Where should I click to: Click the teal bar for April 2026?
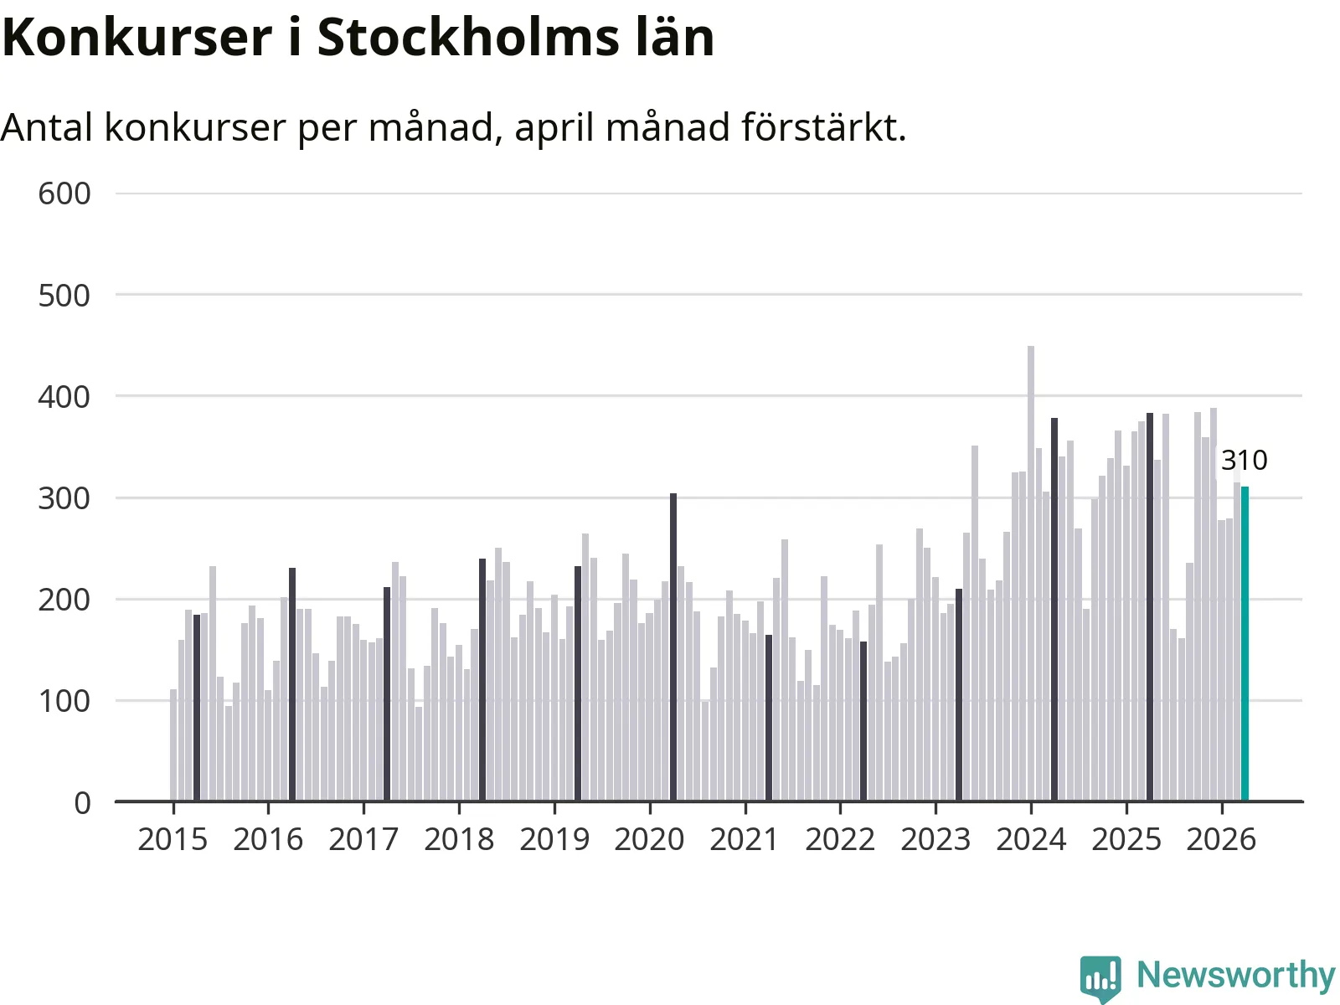(1245, 643)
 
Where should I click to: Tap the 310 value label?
(1244, 460)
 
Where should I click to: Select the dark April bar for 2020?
(673, 647)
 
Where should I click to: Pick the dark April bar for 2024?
(1054, 609)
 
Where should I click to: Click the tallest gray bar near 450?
(1031, 573)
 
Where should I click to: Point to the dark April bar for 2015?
(197, 707)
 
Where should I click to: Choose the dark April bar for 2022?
(863, 720)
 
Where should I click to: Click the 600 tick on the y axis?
(64, 194)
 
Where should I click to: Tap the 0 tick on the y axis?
(82, 803)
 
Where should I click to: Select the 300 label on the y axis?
(64, 498)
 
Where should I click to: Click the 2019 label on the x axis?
(554, 839)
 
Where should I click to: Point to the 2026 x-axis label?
(1221, 839)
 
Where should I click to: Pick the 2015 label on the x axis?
(173, 839)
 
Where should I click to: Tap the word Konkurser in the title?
(137, 37)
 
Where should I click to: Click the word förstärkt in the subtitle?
(824, 127)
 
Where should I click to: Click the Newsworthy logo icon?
(1100, 977)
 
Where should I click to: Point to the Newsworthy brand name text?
(1235, 975)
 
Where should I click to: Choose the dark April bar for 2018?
(482, 679)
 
